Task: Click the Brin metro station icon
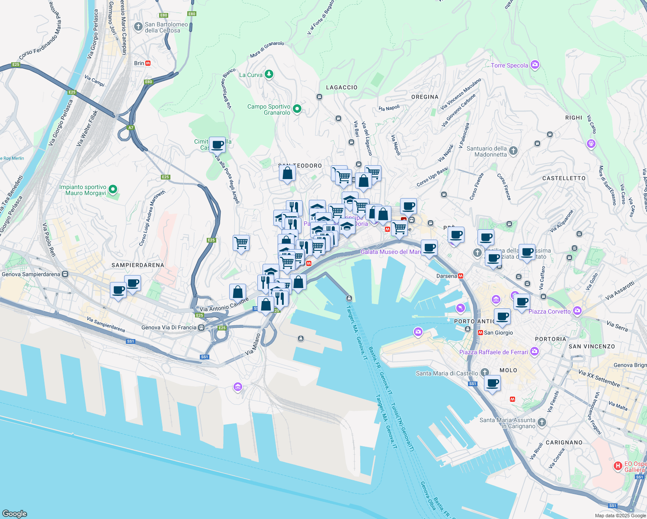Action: click(x=148, y=63)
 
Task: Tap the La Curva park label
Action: click(x=251, y=75)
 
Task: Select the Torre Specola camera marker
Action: click(x=535, y=65)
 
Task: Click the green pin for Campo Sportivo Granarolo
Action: click(x=297, y=109)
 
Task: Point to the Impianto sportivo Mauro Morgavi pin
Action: click(x=113, y=189)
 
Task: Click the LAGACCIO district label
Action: click(x=342, y=87)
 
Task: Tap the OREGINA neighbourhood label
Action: click(x=425, y=97)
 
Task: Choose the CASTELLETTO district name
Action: click(x=564, y=178)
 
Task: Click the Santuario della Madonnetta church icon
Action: click(x=513, y=151)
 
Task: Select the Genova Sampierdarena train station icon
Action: click(x=65, y=274)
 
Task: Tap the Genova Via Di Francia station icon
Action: click(x=201, y=327)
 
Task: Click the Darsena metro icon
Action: click(x=461, y=276)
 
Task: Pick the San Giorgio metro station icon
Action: click(x=480, y=333)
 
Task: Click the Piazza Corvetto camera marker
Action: click(x=577, y=311)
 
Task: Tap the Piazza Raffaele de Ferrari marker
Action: click(x=535, y=352)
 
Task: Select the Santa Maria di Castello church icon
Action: click(x=484, y=372)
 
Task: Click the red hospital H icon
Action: click(x=618, y=466)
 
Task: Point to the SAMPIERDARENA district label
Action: click(x=138, y=265)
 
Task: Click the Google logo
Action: click(x=14, y=514)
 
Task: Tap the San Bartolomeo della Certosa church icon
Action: click(x=138, y=27)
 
